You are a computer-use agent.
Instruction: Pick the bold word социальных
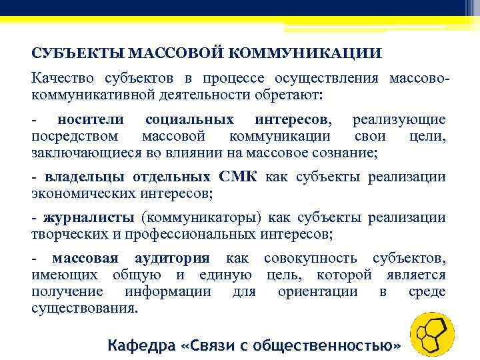click(189, 120)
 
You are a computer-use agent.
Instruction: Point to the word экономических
click(85, 194)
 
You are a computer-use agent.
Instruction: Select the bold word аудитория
click(172, 259)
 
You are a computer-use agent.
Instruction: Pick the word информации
click(168, 291)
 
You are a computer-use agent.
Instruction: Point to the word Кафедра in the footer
click(141, 345)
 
